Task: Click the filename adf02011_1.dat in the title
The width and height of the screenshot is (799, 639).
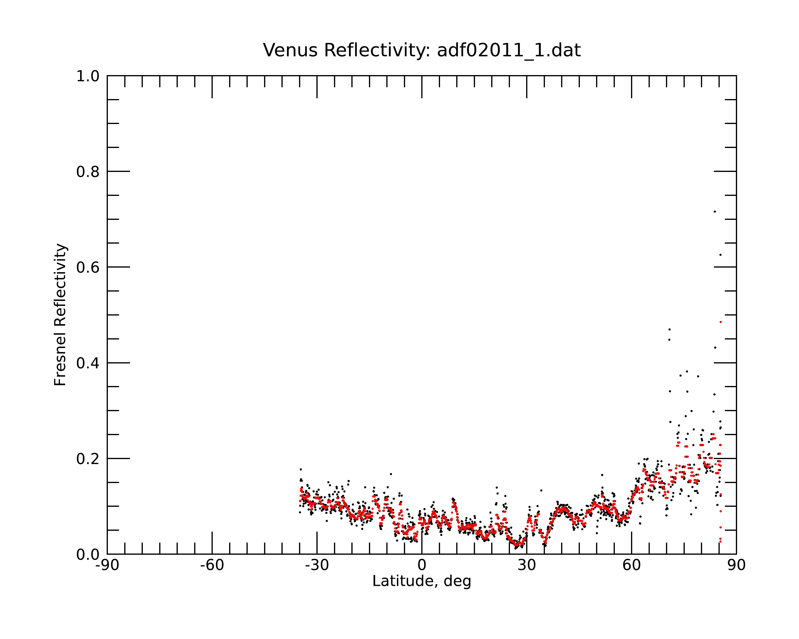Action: coord(509,50)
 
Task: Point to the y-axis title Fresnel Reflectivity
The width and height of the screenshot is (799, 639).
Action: coord(60,315)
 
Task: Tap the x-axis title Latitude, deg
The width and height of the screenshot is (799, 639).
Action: coord(422,581)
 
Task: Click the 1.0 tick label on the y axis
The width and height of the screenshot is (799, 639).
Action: coord(88,77)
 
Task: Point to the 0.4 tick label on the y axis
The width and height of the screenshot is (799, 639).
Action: coord(88,363)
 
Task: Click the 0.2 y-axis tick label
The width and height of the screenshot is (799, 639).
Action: coord(88,459)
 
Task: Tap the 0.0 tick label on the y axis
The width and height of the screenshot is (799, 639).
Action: coord(88,555)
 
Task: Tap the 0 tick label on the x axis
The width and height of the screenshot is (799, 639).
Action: coord(422,566)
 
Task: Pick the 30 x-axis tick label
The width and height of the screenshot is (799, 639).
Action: coord(527,566)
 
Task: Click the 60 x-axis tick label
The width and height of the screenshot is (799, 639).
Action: coord(631,566)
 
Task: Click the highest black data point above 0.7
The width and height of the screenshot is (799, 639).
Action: coord(715,211)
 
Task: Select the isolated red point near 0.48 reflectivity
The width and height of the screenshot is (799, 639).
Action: coord(720,322)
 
